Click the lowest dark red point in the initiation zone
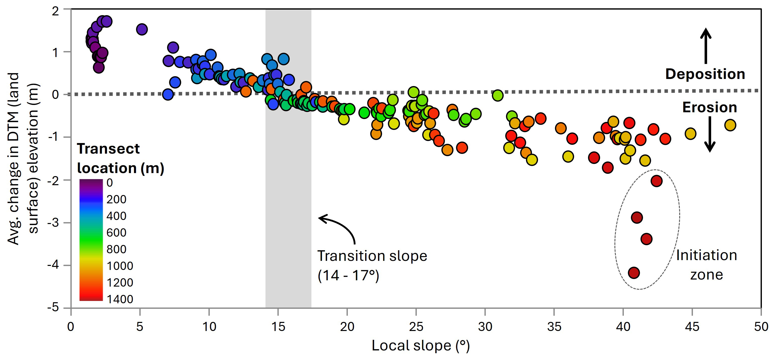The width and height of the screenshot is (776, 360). point(634,273)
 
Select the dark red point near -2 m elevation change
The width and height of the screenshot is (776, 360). point(656,181)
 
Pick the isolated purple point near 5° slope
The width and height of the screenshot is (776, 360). point(142,29)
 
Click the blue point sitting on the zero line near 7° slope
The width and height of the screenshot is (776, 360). point(168,94)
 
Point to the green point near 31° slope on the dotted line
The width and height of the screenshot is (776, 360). point(497,95)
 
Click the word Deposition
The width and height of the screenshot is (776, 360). point(705,74)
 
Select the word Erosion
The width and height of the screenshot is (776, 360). point(709,107)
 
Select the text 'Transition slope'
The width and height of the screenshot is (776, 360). point(372,256)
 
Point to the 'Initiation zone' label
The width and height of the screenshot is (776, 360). point(706,265)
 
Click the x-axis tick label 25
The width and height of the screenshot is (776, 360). point(416,326)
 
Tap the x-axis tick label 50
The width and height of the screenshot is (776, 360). point(761,326)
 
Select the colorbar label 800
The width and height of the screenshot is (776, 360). point(116,249)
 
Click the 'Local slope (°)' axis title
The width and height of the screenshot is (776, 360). point(420,346)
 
